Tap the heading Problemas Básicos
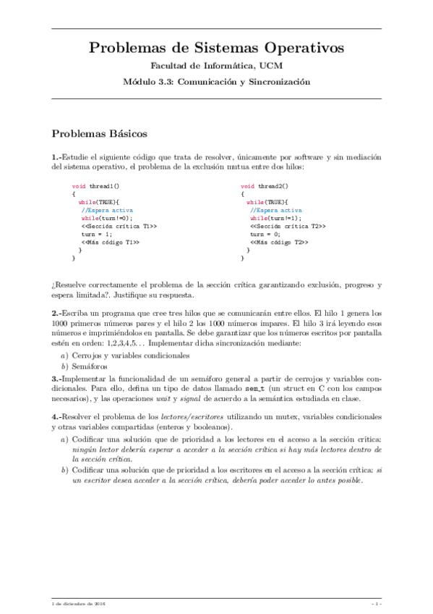click(x=100, y=134)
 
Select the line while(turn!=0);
click(x=107, y=217)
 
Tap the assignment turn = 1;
click(x=96, y=234)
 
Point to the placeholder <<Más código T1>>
click(x=110, y=242)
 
